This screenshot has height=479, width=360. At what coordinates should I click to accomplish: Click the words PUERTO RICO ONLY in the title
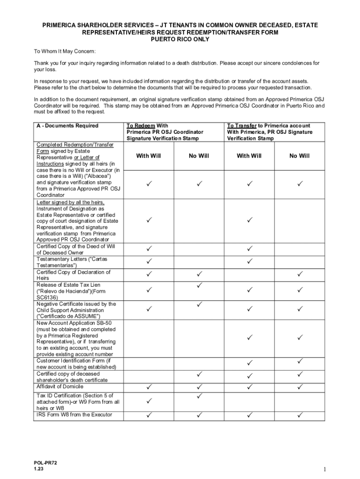180,40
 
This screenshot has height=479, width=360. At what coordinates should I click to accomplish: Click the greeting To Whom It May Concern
65,51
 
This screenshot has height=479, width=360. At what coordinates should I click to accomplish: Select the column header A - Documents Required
67,126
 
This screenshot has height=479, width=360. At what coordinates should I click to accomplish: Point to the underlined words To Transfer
242,126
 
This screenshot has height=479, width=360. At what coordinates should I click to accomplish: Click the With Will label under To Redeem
149,156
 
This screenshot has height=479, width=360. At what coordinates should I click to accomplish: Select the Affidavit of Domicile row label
60,387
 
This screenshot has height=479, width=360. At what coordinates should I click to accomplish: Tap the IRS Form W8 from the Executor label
74,414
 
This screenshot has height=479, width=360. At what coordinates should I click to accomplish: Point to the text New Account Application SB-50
74,323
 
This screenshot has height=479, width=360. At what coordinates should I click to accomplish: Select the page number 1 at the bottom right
324,470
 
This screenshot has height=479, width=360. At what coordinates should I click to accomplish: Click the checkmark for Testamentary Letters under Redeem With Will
149,261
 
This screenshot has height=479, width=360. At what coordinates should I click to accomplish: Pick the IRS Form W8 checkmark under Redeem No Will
199,414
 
